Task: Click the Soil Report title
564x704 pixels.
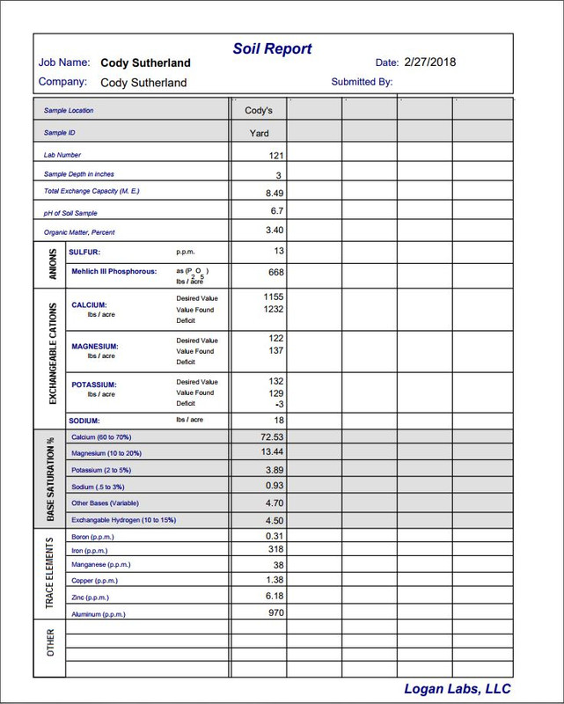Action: (272, 49)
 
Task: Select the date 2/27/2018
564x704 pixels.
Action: (430, 62)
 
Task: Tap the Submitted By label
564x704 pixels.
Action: (362, 82)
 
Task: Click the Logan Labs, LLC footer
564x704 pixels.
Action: (458, 689)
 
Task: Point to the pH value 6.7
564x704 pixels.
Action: (276, 211)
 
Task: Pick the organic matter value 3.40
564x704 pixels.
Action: (274, 231)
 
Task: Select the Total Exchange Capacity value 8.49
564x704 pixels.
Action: (274, 192)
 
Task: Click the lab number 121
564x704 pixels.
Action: (275, 155)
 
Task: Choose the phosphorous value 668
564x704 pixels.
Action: (275, 273)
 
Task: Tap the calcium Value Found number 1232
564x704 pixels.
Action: (273, 309)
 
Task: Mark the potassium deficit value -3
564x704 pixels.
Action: (278, 404)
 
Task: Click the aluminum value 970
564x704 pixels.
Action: (275, 612)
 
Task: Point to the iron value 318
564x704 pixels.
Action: (275, 549)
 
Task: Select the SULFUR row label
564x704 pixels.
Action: (84, 252)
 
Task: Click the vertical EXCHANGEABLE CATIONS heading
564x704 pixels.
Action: (53, 354)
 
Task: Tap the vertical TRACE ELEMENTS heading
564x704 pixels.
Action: (49, 573)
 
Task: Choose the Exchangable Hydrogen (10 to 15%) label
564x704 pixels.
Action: (123, 520)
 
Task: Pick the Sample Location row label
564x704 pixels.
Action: (69, 111)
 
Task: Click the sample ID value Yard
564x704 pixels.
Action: (259, 134)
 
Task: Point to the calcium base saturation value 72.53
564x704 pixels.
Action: (272, 436)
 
